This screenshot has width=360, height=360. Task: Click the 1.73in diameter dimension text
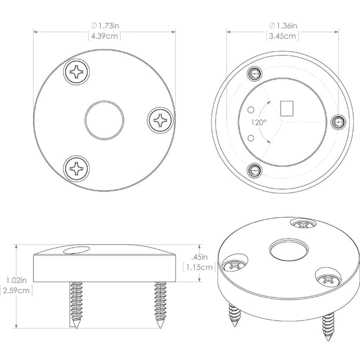[104, 25]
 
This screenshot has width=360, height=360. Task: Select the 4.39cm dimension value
[104, 35]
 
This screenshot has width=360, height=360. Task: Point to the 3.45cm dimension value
[283, 35]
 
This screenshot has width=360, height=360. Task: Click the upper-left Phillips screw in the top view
[78, 73]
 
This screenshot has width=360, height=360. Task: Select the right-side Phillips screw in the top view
[161, 120]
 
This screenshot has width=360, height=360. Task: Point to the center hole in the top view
[104, 120]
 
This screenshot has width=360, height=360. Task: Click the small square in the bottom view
[288, 108]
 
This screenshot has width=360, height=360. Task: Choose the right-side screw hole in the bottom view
[339, 120]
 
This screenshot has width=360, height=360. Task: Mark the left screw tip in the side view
[76, 324]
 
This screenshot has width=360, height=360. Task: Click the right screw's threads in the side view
[160, 300]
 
